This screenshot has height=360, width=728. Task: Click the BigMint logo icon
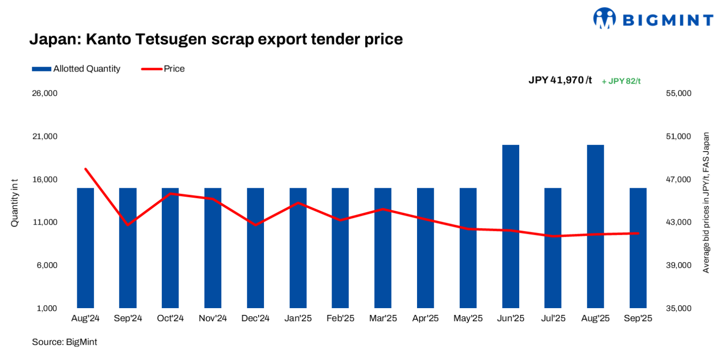604,18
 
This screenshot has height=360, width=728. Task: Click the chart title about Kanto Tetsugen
216,39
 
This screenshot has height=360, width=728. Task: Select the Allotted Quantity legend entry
76,69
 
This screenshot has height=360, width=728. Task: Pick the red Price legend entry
163,69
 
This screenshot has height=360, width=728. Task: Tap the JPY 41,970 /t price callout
560,80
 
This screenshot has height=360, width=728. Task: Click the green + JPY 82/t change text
621,81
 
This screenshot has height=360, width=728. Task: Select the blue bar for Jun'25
511,226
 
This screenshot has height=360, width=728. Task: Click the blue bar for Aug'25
596,226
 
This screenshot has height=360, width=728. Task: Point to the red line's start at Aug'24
85,169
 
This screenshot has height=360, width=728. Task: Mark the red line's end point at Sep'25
638,233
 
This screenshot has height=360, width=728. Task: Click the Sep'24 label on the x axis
128,319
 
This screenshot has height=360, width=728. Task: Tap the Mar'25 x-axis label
383,319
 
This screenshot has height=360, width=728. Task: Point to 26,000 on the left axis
45,93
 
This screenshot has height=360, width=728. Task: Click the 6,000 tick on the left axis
47,265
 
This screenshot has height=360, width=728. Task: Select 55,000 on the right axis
678,93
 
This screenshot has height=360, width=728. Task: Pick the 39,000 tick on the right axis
678,265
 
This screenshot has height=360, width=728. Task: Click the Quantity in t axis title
14,202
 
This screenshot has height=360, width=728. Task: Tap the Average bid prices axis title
705,202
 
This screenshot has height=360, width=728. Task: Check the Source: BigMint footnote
64,342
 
